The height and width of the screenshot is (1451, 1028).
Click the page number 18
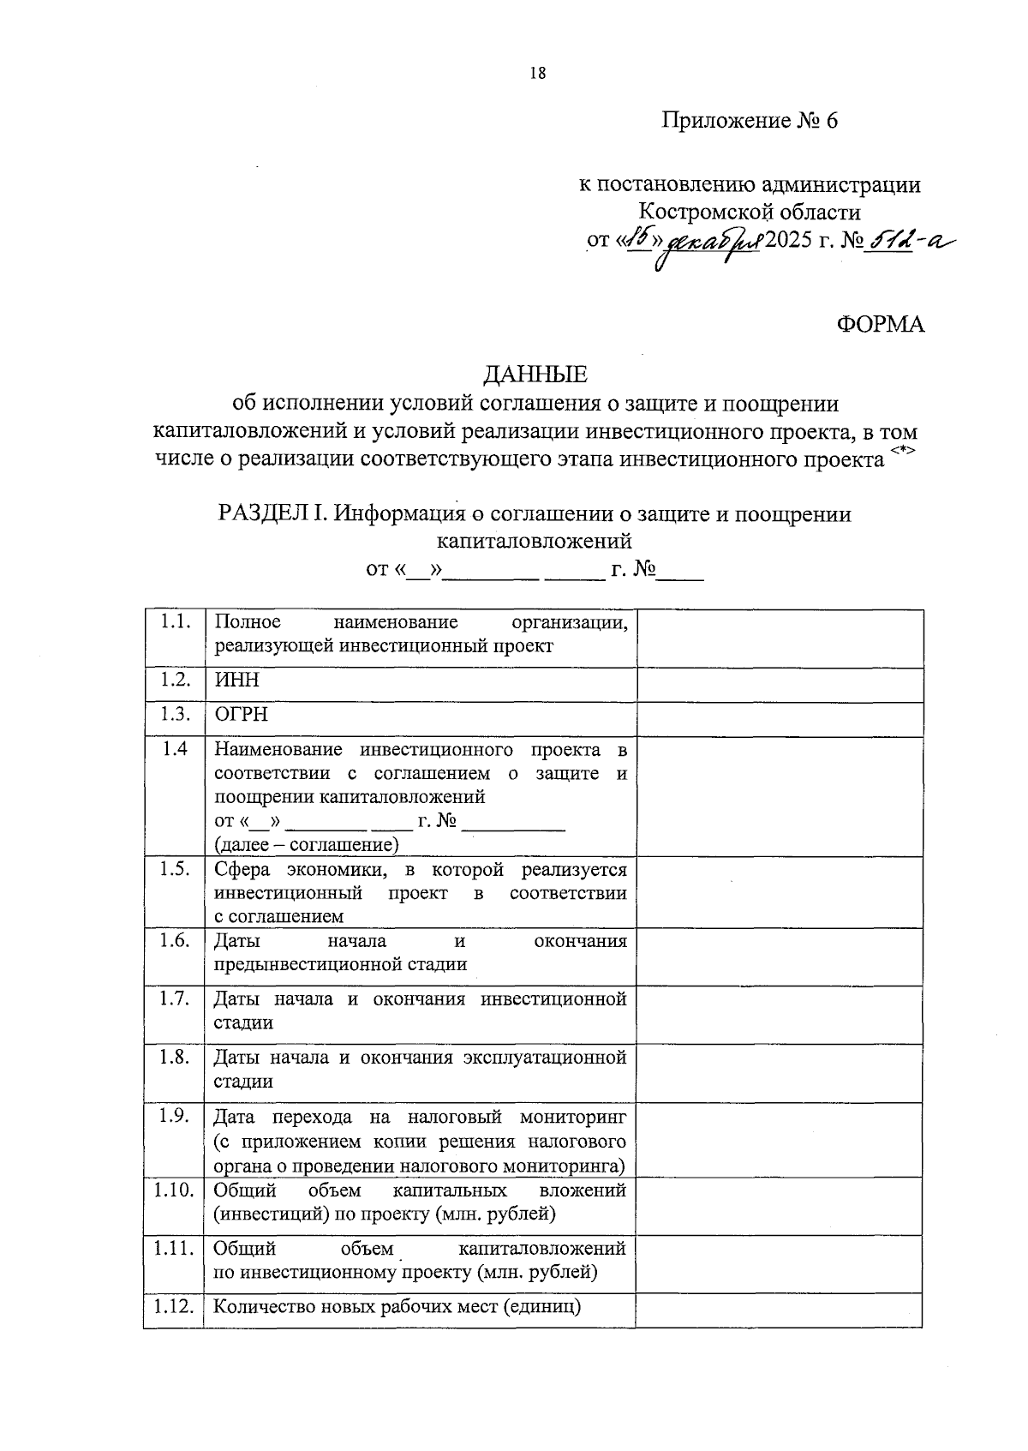pyautogui.click(x=538, y=73)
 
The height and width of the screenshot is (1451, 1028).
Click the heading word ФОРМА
pyautogui.click(x=880, y=325)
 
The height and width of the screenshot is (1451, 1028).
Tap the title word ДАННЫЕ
pyautogui.click(x=536, y=375)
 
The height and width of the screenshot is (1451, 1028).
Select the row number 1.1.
pyautogui.click(x=174, y=622)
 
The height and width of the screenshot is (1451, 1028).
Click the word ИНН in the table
pyautogui.click(x=236, y=681)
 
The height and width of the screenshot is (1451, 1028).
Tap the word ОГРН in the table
pyautogui.click(x=241, y=715)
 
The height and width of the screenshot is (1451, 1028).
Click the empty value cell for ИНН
pyautogui.click(x=780, y=684)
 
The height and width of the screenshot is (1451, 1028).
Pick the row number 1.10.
pyautogui.click(x=174, y=1190)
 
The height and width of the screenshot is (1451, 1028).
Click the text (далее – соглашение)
pyautogui.click(x=307, y=845)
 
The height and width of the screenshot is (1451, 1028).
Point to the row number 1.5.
pyautogui.click(x=174, y=869)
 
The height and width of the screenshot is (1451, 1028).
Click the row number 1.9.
pyautogui.click(x=174, y=1116)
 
